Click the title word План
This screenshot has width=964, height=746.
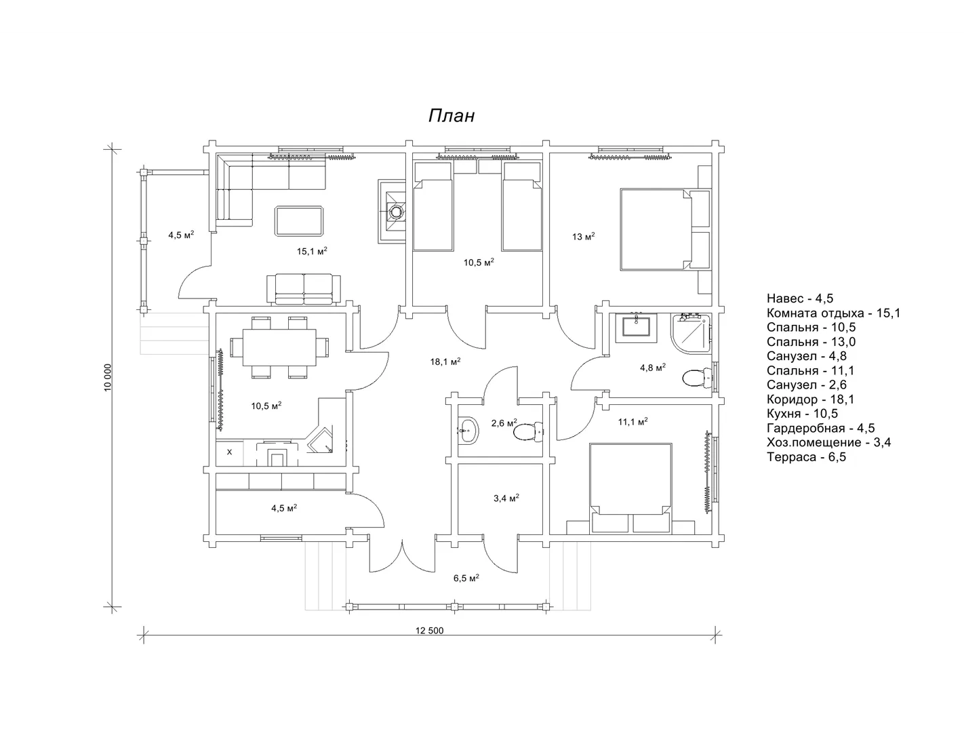[x=451, y=116]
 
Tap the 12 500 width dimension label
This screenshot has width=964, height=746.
[x=429, y=631]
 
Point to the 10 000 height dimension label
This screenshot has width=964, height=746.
[x=108, y=378]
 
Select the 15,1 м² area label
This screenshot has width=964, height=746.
[x=312, y=251]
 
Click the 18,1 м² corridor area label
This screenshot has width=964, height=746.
[x=445, y=361]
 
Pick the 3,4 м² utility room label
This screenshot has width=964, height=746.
[x=506, y=498]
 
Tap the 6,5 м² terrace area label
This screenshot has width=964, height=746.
[x=466, y=578]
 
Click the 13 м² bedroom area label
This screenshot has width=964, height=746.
[x=584, y=237]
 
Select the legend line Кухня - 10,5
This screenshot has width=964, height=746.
[x=802, y=414]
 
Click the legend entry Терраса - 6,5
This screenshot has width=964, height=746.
[x=806, y=456]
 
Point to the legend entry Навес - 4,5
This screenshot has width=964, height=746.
[x=800, y=298]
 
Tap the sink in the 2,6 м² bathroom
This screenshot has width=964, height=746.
[x=468, y=430]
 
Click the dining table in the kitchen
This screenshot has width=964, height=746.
[x=279, y=347]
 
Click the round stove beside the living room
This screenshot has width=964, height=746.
[x=395, y=212]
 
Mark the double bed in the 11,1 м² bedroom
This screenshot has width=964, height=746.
[x=630, y=488]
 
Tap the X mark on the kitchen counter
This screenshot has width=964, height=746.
[x=229, y=452]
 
